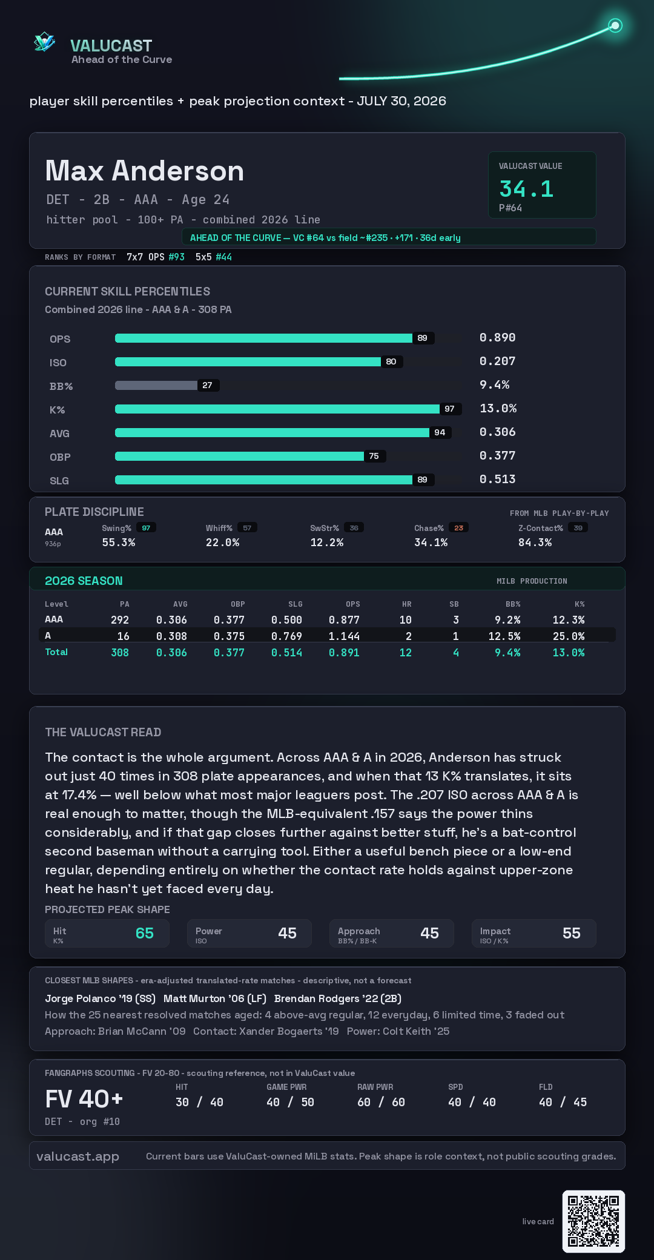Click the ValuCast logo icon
45,42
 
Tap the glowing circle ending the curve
615,25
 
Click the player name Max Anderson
145,171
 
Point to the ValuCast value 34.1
526,189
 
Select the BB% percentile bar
156,385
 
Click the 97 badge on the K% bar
449,409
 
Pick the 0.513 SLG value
498,479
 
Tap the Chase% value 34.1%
431,543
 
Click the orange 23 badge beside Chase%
458,528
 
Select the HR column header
407,604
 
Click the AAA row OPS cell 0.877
344,620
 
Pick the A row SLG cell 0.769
286,636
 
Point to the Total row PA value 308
120,653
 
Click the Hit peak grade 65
145,933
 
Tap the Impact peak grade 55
572,933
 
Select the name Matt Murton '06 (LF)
215,998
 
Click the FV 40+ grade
84,1099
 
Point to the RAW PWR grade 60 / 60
381,1102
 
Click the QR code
593,1221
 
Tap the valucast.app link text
78,1156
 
